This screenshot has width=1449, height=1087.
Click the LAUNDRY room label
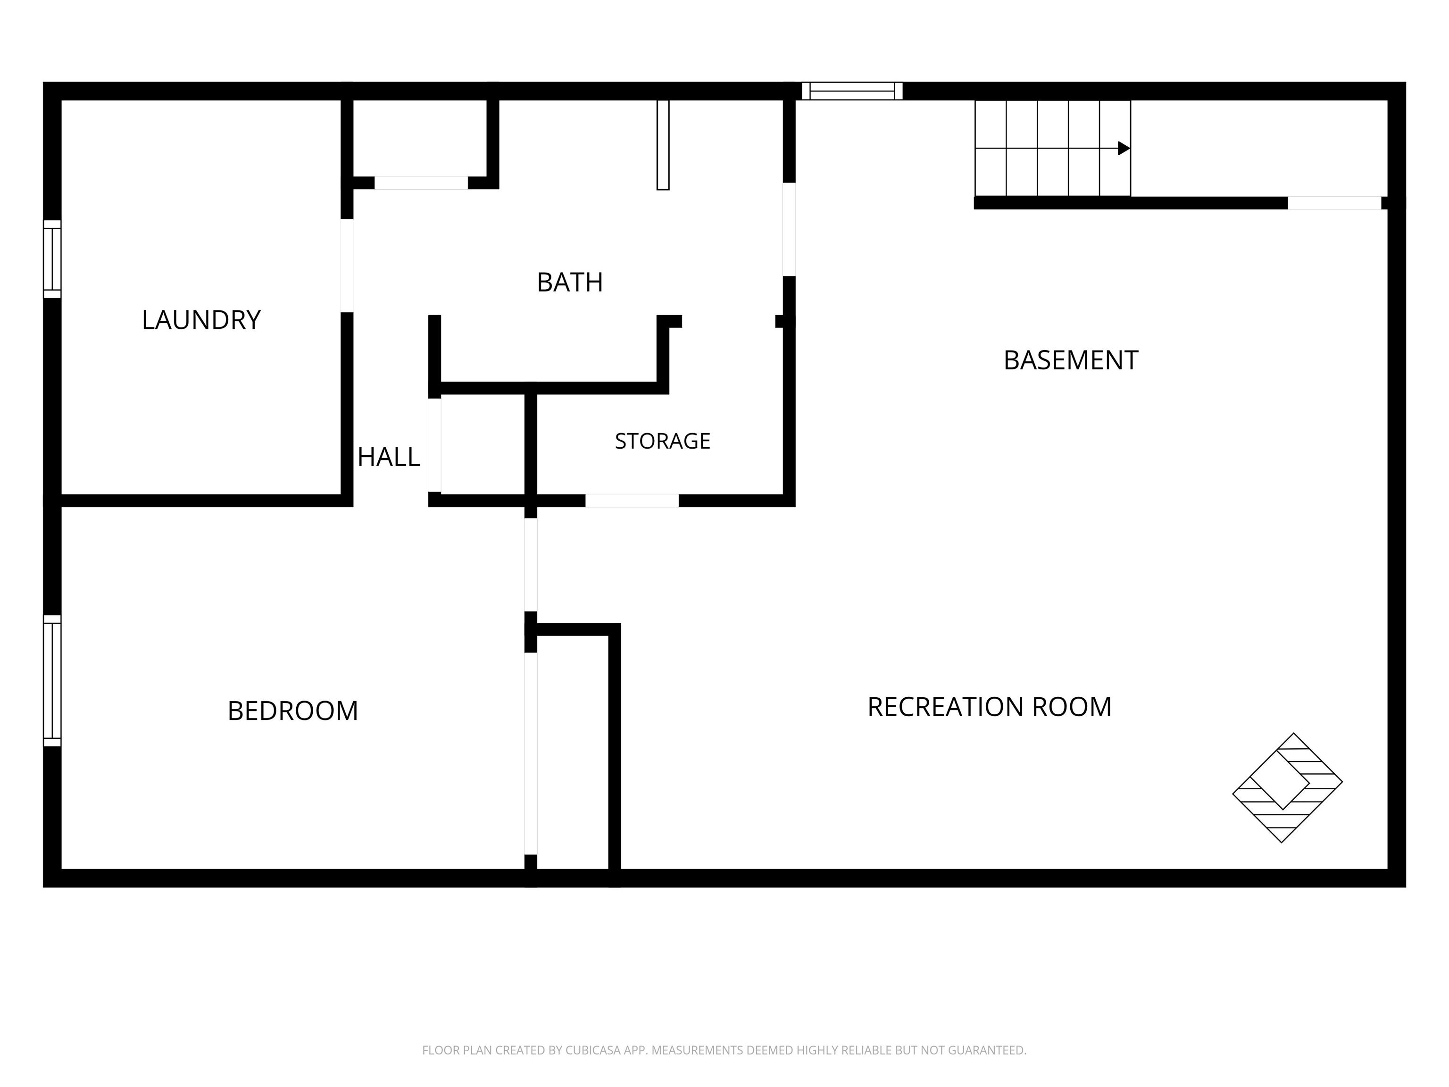(201, 320)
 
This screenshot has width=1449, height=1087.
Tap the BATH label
(570, 283)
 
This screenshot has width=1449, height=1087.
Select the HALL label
(389, 457)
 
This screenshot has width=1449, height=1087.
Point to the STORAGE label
(662, 441)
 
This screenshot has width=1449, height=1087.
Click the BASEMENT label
(1071, 360)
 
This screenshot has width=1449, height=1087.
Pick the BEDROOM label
(293, 711)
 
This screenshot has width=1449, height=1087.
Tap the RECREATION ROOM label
(989, 707)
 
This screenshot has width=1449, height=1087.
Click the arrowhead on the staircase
(1124, 149)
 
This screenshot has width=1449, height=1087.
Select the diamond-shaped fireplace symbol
(1287, 787)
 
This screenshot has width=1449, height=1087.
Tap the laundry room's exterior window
(52, 259)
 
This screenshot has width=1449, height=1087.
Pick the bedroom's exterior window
(52, 681)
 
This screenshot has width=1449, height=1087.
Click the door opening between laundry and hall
(347, 265)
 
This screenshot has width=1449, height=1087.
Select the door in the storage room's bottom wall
(632, 501)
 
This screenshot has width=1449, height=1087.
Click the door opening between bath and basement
(789, 229)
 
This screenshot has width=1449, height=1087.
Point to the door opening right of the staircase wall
(1334, 203)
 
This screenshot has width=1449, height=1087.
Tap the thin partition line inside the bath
(663, 145)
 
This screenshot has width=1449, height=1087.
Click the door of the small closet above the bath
(421, 183)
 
